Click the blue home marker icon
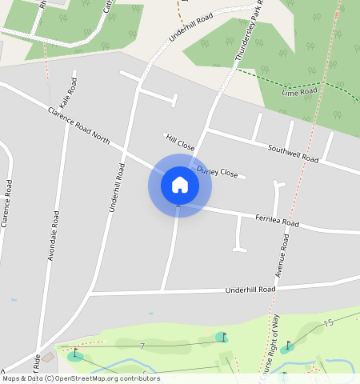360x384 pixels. (180, 185)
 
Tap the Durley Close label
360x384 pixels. (217, 172)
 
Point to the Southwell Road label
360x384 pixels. (293, 154)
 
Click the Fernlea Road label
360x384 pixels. (276, 220)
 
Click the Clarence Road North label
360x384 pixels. (78, 126)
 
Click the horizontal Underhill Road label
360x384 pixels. (250, 289)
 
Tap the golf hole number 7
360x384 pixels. (142, 346)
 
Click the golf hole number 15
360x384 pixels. (327, 322)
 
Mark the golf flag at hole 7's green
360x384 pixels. (222, 337)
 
